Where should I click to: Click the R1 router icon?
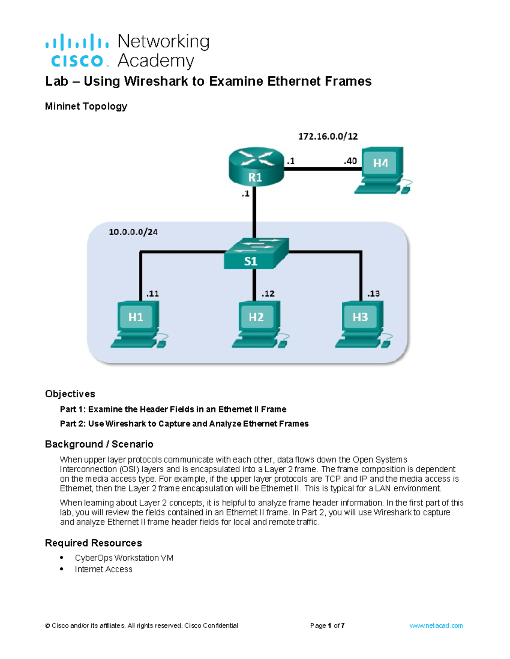point(256,168)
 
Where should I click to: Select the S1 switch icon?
point(256,254)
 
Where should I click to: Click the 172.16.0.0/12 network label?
point(328,137)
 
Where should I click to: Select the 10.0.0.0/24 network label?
point(133,232)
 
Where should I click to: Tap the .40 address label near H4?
point(350,161)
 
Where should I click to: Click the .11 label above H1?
point(152,294)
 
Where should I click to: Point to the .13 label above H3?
point(373,294)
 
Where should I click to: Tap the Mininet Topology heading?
point(86,107)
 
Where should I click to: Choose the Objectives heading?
point(70,394)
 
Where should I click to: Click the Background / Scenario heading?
point(99,444)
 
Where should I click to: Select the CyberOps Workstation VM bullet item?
point(124,558)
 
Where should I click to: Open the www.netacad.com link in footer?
point(436,625)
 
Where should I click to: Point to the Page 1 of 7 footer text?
point(327,625)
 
